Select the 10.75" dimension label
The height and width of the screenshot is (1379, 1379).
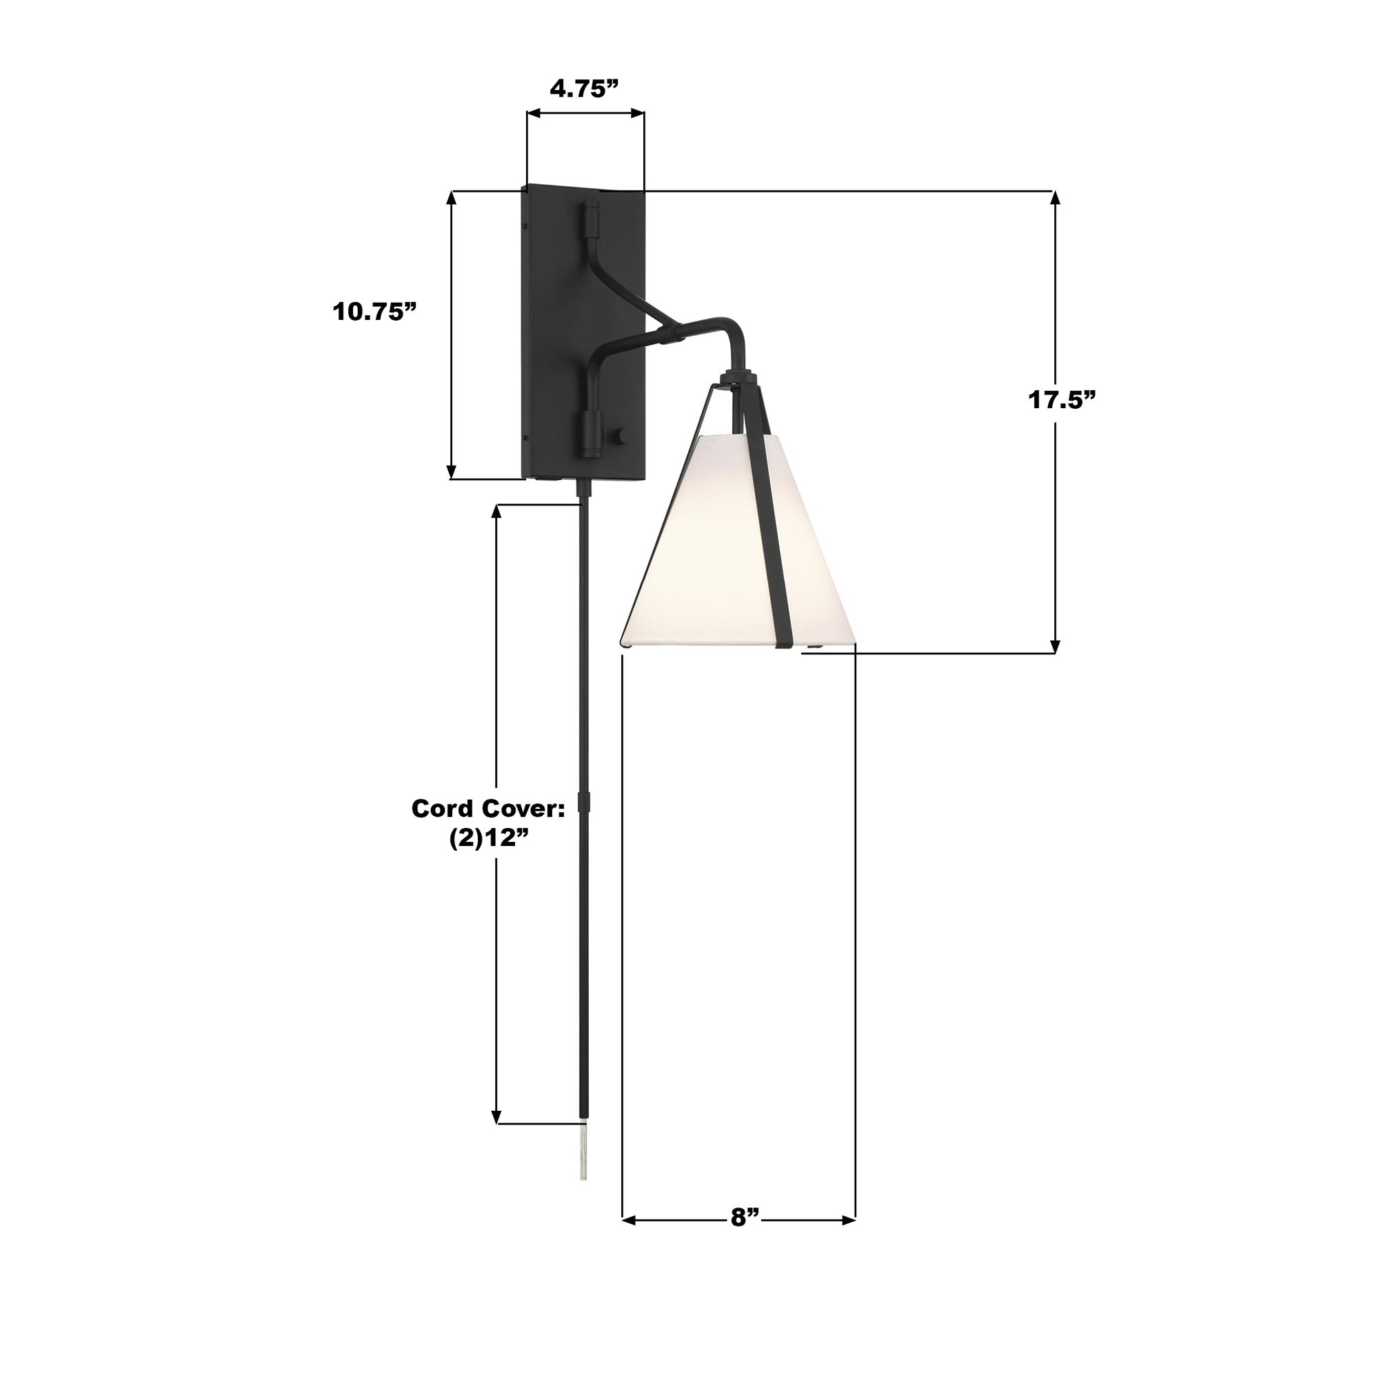pos(374,312)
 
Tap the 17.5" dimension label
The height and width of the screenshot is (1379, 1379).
pos(1061,400)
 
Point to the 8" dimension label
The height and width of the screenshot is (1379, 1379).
pos(743,1217)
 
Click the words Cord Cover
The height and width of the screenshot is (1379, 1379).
pos(487,809)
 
